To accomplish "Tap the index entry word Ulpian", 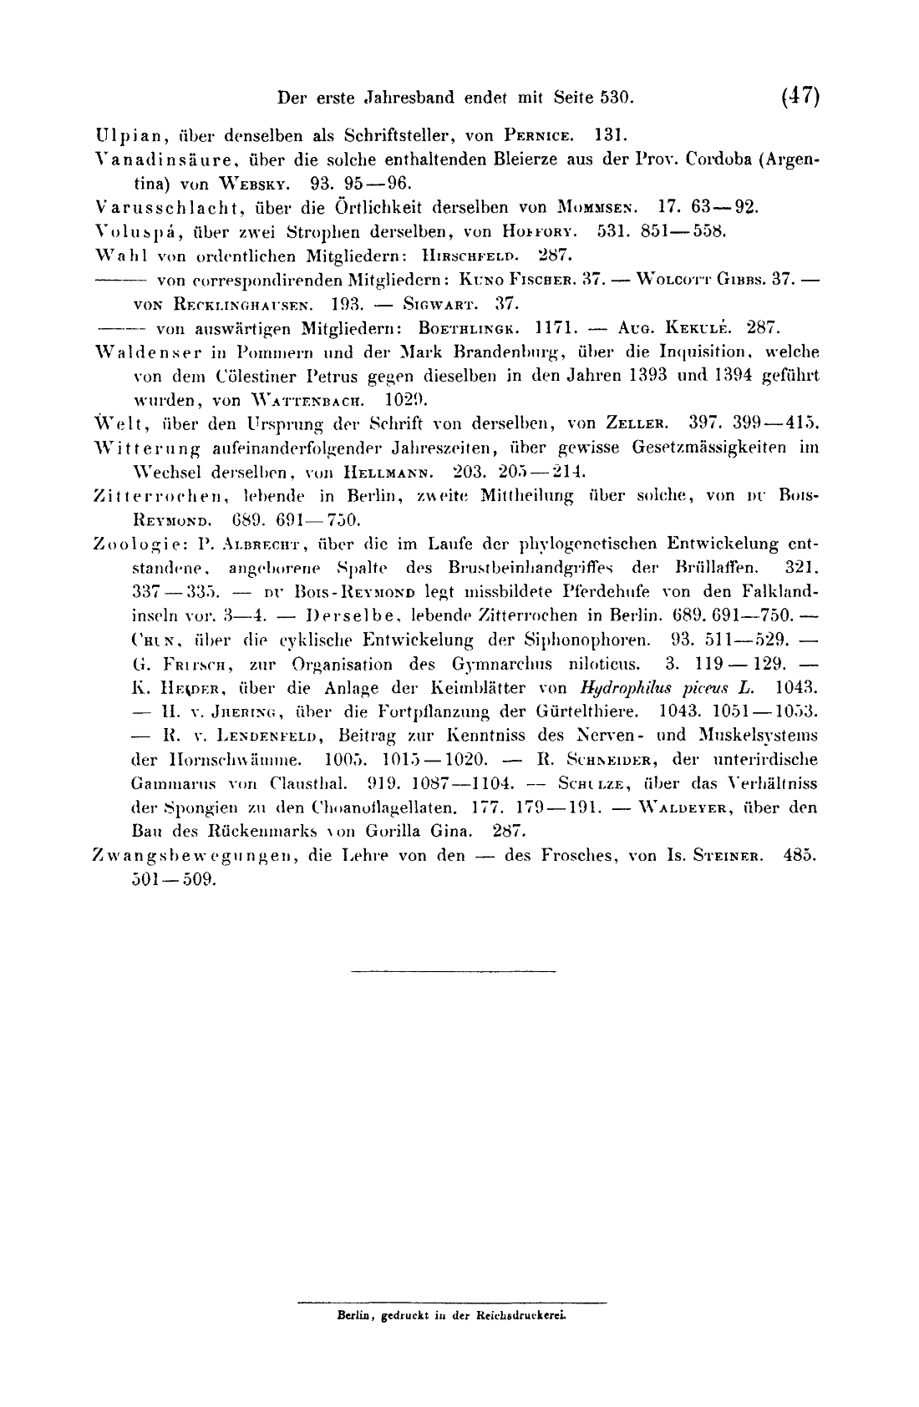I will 124,134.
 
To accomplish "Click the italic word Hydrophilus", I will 617,689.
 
